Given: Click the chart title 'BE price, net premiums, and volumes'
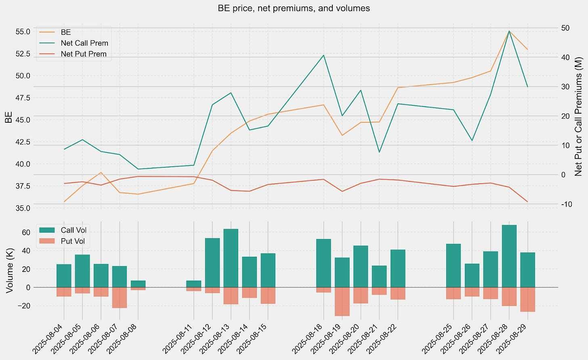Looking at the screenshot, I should (x=294, y=8).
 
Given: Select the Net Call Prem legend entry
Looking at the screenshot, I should (x=84, y=43).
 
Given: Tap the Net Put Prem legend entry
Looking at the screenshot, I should (x=83, y=54).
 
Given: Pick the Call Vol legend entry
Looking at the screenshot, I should (x=73, y=230).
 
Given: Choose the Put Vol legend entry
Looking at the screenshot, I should (x=72, y=241).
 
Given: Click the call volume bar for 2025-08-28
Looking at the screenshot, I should (x=509, y=256).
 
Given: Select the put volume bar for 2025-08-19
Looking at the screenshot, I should (x=342, y=301).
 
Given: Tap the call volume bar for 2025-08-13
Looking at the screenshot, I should (x=231, y=258).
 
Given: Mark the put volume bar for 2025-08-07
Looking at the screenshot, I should (x=120, y=298).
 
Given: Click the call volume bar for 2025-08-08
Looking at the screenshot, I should (x=138, y=284).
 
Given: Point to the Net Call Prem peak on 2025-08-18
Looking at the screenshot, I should (x=323, y=55).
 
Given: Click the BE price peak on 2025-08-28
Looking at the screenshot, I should (x=509, y=31).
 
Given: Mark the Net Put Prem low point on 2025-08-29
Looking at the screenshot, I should (x=527, y=202).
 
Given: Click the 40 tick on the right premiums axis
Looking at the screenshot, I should (x=565, y=57).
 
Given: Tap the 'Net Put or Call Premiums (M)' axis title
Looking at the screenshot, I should (x=578, y=116).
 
